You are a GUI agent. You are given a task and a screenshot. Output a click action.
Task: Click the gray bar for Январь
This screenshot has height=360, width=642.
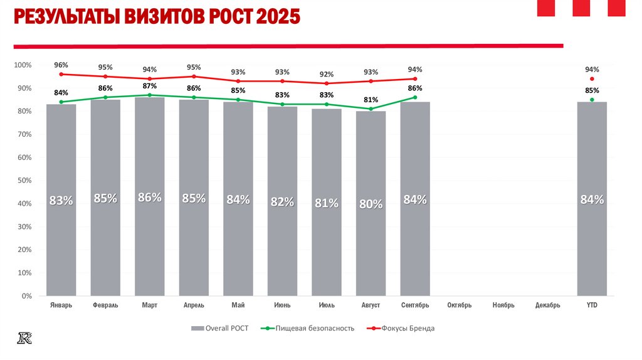click(61, 201)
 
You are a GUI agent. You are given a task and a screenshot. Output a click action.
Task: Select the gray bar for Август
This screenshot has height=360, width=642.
click(371, 204)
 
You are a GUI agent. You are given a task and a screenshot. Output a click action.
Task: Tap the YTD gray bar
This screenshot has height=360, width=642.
click(592, 199)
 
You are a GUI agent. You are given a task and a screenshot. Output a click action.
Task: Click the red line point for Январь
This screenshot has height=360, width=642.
click(61, 74)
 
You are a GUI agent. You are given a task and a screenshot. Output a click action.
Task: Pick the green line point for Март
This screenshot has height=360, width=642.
click(149, 95)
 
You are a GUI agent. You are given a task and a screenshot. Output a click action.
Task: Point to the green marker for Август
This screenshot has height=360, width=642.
click(371, 109)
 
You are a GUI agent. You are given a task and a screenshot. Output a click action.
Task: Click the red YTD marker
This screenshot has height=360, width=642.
click(592, 79)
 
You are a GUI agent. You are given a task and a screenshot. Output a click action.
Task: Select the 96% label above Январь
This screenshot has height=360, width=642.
click(61, 65)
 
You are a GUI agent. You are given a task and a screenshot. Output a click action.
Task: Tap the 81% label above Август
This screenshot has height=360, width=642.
click(371, 100)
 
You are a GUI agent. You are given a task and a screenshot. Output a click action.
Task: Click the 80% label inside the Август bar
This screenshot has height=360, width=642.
click(371, 204)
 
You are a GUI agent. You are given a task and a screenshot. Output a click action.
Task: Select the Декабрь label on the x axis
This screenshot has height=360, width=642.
click(548, 305)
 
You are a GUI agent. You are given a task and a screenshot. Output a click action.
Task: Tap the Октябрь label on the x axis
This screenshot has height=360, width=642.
click(460, 305)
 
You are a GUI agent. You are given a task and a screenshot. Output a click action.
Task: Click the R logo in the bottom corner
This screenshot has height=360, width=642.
click(25, 338)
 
